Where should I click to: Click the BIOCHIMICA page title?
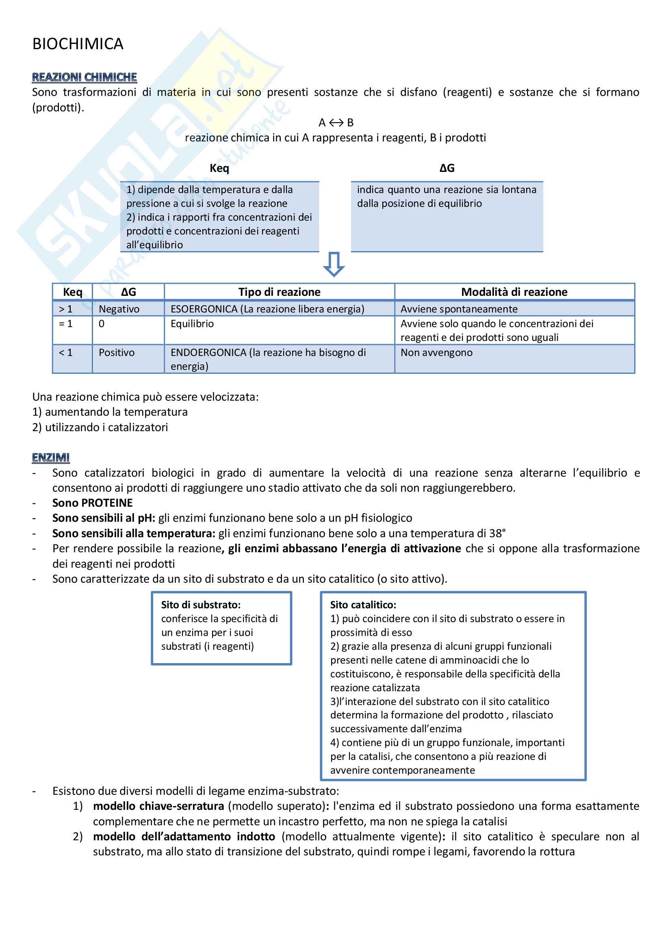point(78,44)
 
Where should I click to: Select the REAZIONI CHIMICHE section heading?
point(85,77)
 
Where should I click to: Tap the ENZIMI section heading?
point(50,458)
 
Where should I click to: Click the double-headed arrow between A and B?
point(336,123)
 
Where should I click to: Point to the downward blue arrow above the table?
point(334,264)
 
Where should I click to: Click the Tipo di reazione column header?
point(279,292)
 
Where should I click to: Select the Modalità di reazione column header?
point(514,292)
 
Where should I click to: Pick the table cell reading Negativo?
point(119,309)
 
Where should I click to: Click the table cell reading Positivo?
point(116,353)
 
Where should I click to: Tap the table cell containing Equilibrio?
point(192,323)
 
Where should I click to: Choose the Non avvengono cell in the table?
point(436,353)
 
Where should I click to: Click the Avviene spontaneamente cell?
point(458,309)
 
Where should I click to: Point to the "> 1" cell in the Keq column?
point(65,309)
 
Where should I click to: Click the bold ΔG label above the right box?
point(447,168)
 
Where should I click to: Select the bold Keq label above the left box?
point(219,168)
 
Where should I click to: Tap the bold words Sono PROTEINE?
point(92,503)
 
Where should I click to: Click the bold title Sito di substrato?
point(201,605)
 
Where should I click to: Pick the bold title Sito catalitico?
point(363,605)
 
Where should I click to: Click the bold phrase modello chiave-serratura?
point(158,806)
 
